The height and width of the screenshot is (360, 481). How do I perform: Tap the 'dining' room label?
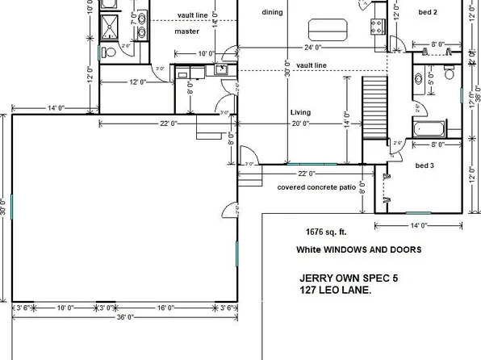(x=273, y=13)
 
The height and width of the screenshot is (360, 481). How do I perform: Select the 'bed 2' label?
(x=428, y=13)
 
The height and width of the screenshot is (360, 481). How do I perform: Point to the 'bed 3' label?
(x=425, y=165)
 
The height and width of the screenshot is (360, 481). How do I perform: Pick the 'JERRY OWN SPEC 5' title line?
(x=348, y=278)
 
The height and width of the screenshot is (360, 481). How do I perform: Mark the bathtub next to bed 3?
(x=428, y=128)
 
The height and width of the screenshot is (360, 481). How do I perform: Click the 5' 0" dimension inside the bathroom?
(x=432, y=79)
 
